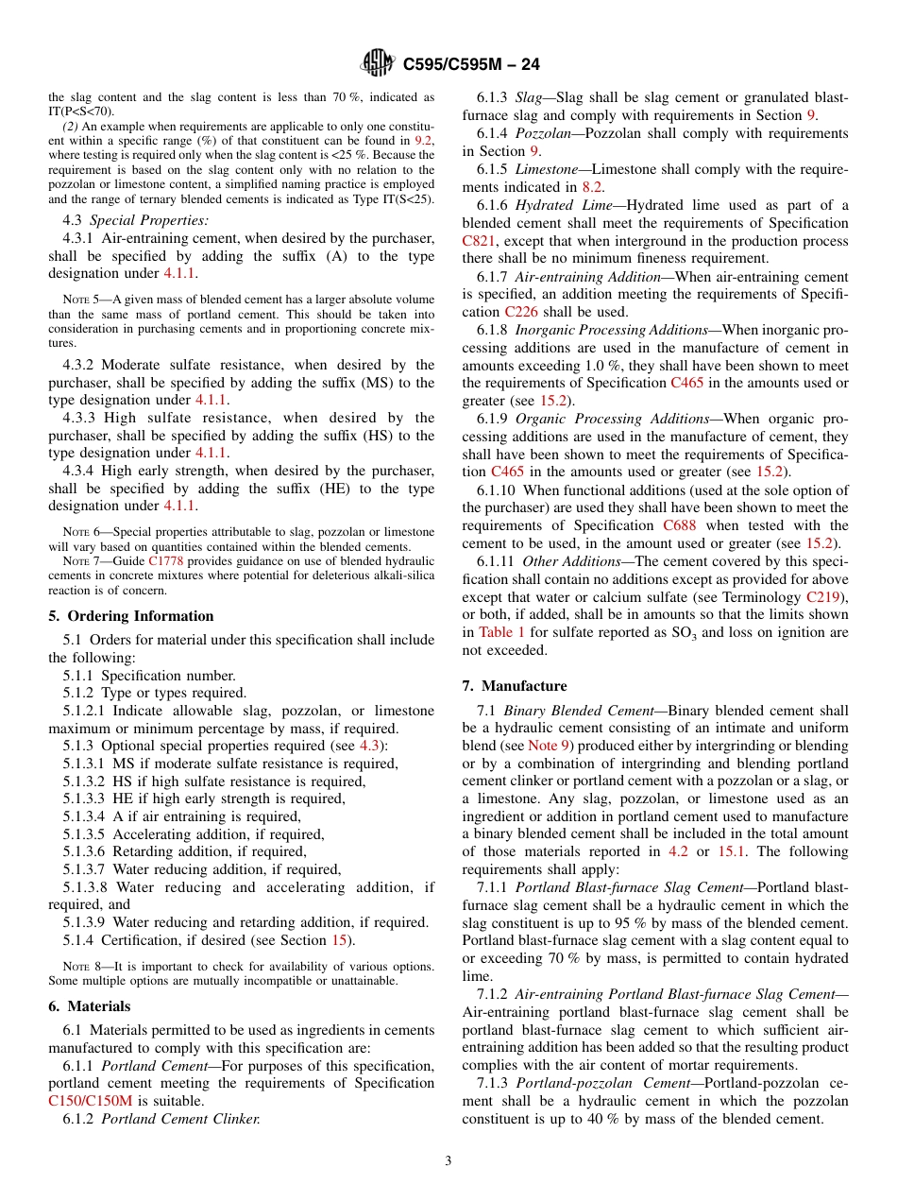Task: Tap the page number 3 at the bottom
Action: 448,1160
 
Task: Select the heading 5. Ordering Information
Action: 131,615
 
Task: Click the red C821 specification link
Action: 479,241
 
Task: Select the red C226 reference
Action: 521,312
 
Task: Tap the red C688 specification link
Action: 680,525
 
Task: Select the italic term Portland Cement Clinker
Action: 180,1119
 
